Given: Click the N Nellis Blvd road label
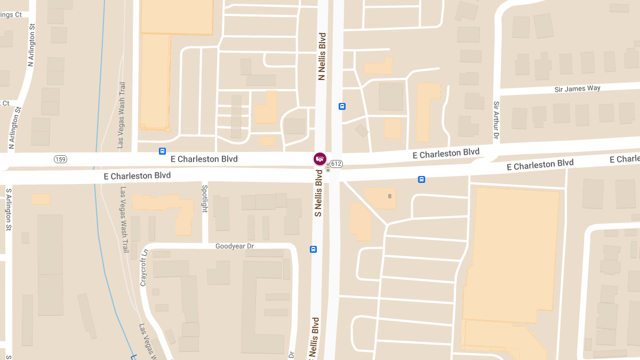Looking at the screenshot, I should (x=322, y=57).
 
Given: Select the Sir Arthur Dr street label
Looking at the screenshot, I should (x=496, y=121).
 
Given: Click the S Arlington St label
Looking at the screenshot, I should (x=9, y=210).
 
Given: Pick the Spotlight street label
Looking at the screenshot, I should (x=204, y=198).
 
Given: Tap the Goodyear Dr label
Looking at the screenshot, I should (x=235, y=246).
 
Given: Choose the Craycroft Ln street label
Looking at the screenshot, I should (x=143, y=268).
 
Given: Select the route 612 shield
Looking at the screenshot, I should (x=335, y=163).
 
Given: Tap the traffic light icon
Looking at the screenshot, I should (x=327, y=167).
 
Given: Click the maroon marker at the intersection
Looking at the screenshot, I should (x=319, y=158).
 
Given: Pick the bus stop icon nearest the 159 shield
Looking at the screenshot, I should (x=162, y=151).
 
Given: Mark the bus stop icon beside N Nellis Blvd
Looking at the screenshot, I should (x=342, y=106).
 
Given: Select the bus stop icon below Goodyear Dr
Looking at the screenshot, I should (x=313, y=249).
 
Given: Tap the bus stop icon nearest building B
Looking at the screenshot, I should (x=421, y=180).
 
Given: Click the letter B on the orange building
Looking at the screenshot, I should (x=390, y=196).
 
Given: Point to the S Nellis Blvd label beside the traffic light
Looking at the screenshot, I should (x=318, y=196).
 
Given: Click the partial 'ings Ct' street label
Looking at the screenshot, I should (x=11, y=14).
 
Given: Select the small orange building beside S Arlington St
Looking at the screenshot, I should (x=41, y=199).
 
